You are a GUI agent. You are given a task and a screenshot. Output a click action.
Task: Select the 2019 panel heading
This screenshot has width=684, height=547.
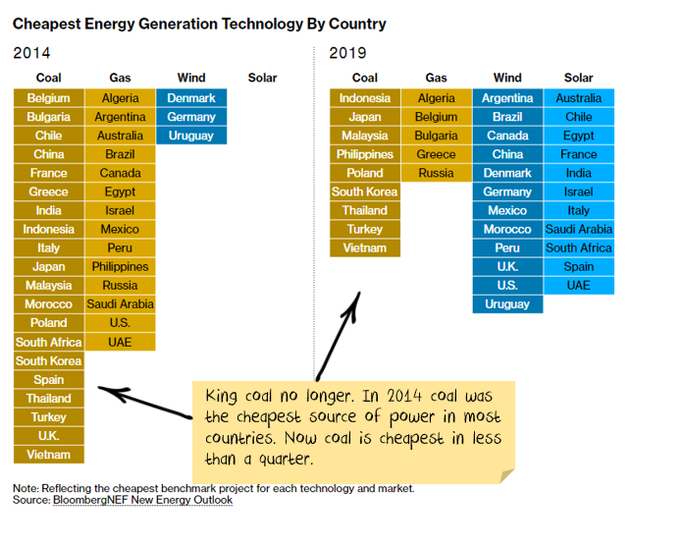click(x=348, y=53)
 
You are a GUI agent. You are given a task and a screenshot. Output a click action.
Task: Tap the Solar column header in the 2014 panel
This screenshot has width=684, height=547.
click(x=262, y=78)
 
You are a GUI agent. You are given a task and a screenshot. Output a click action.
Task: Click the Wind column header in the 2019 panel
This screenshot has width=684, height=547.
click(x=507, y=78)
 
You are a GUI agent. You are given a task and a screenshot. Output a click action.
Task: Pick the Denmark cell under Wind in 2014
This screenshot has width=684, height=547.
click(x=191, y=98)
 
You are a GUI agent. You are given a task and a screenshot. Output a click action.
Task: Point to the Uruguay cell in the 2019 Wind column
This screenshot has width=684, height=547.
click(x=507, y=304)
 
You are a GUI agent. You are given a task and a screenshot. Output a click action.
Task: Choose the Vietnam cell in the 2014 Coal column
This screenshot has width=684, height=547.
click(x=49, y=455)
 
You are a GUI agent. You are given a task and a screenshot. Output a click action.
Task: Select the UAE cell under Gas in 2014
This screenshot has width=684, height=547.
click(x=120, y=342)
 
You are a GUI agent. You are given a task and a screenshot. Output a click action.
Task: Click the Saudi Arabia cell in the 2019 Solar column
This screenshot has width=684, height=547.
click(x=579, y=229)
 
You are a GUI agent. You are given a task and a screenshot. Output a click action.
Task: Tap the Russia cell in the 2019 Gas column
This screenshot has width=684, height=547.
click(x=436, y=173)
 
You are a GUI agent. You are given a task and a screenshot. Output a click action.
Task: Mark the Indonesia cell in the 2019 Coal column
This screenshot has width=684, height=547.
click(x=365, y=98)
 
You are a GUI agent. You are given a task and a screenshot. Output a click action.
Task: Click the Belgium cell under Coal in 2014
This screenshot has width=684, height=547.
click(x=49, y=98)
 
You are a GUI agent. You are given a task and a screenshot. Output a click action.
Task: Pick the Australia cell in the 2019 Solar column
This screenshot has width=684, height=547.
click(x=579, y=98)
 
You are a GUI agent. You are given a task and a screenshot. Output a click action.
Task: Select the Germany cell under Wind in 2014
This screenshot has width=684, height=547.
click(x=191, y=117)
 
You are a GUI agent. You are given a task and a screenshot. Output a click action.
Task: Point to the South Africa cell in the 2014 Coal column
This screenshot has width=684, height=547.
click(x=49, y=342)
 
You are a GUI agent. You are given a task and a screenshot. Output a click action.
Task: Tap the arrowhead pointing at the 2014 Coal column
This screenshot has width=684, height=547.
click(x=107, y=391)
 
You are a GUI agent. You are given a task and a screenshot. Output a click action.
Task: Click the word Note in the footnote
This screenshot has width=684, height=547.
click(x=26, y=488)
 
